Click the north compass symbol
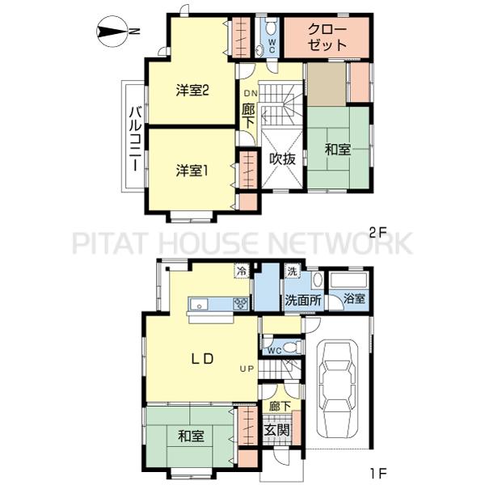tap(112, 32)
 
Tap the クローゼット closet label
tap(327, 37)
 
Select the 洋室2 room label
tap(192, 91)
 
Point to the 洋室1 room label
tap(192, 171)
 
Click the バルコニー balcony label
tap(136, 137)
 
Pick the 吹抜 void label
tap(282, 159)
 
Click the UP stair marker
tap(247, 369)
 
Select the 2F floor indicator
tap(378, 233)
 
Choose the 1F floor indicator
tap(378, 473)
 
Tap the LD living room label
tap(201, 359)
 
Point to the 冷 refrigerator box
tap(242, 272)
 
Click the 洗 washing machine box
tap(292, 271)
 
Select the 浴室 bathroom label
tap(354, 299)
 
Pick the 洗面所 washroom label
tap(303, 300)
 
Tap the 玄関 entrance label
tap(277, 429)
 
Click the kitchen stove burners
tap(241, 303)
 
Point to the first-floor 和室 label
tap(191, 436)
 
